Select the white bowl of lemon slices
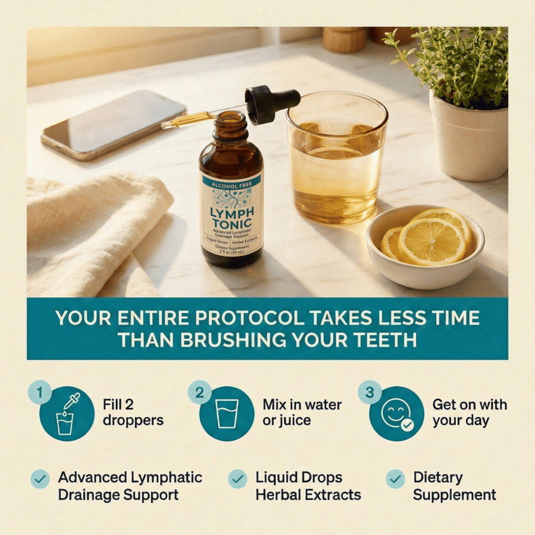pyautogui.click(x=425, y=247)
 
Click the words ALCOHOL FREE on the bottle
pyautogui.click(x=231, y=185)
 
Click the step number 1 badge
pyautogui.click(x=40, y=392)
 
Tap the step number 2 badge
pyautogui.click(x=200, y=392)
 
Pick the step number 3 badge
pyautogui.click(x=369, y=392)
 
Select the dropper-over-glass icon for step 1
pyautogui.click(x=66, y=414)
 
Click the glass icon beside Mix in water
pyautogui.click(x=227, y=413)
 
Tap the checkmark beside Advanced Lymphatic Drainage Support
pyautogui.click(x=40, y=479)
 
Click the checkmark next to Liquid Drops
pyautogui.click(x=238, y=479)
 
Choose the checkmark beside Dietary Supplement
pyautogui.click(x=396, y=479)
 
